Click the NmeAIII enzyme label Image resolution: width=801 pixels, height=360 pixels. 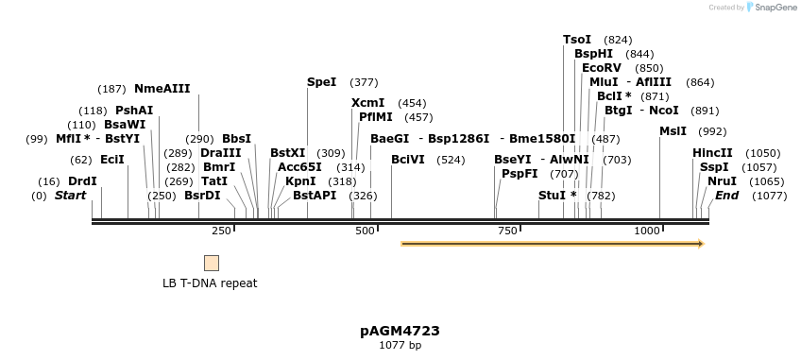pos(162,89)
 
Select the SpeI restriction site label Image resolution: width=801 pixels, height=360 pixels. pos(321,82)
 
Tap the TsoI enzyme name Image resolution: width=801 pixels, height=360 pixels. pos(576,40)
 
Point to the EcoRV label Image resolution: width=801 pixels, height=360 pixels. pos(602,68)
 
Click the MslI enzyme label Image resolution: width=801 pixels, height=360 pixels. pos(673,131)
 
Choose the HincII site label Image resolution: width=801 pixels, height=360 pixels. pos(712,153)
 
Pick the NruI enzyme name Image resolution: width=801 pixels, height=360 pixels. pos(721,181)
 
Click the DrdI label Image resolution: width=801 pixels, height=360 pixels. pos(82,181)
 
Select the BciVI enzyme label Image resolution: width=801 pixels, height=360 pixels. pos(407,160)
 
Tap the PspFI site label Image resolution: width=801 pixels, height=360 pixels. pos(520,174)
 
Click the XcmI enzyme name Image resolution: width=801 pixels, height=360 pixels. pos(367,103)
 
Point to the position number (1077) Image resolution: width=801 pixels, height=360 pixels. pos(769,196)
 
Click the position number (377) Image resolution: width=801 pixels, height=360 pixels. pos(364,82)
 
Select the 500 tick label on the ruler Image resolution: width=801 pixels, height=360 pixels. pos(364,231)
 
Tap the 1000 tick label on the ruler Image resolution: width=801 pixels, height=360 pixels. pos(647,231)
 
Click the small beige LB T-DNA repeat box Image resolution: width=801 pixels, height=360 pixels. pos(212,263)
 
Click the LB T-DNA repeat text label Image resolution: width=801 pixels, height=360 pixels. pos(210,283)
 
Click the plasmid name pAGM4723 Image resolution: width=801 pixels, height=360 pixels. pos(400,331)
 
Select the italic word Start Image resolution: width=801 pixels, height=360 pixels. pos(70,196)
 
